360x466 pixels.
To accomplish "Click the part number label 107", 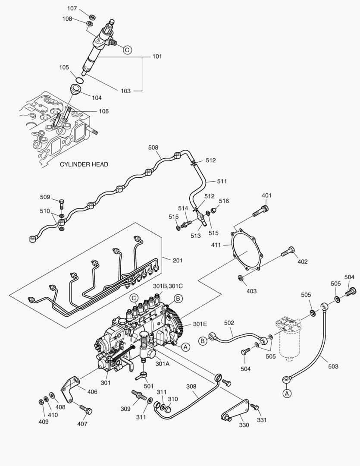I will (x=72, y=8).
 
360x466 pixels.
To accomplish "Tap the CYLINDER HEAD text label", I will (x=84, y=164).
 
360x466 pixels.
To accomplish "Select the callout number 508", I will (x=153, y=147).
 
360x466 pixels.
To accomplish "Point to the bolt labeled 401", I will (x=260, y=212).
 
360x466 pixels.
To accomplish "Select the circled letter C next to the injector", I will (x=127, y=50).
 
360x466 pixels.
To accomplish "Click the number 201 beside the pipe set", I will (x=178, y=260).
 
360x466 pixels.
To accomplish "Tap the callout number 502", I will (x=229, y=322).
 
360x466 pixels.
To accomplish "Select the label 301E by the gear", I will (x=200, y=324).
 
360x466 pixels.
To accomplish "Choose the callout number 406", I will (x=92, y=392).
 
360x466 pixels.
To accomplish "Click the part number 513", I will (x=196, y=236).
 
